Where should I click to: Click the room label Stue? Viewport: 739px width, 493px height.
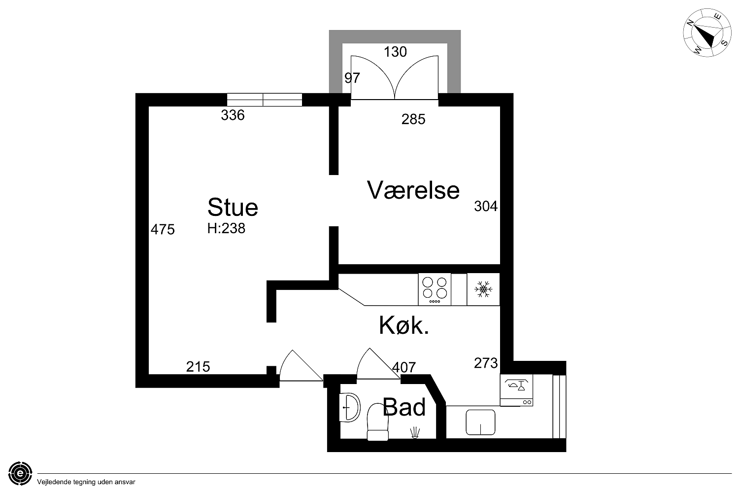(x=233, y=208)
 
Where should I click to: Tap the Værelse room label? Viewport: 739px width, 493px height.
(x=413, y=190)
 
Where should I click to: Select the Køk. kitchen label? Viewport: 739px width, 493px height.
(x=404, y=325)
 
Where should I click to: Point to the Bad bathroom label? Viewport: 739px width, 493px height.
(x=404, y=407)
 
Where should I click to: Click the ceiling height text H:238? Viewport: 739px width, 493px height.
(x=226, y=228)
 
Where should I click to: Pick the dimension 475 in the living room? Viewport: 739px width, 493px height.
(x=163, y=230)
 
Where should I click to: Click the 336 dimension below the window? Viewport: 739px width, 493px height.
(x=233, y=115)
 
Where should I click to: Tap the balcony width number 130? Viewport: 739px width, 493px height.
(x=395, y=52)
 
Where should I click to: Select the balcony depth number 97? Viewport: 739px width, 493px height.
(x=352, y=78)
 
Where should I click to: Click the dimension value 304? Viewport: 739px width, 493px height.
(x=486, y=206)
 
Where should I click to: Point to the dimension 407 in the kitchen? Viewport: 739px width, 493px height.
(x=404, y=367)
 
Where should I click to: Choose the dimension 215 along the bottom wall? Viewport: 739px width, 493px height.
(x=198, y=366)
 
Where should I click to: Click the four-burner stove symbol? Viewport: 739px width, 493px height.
(x=435, y=289)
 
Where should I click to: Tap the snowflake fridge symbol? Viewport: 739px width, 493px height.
(x=483, y=289)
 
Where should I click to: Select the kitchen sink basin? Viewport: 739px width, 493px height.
(x=480, y=423)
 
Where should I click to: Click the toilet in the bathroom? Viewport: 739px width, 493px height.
(x=378, y=422)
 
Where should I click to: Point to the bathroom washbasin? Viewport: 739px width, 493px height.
(x=349, y=407)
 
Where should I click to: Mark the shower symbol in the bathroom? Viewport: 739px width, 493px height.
(x=415, y=432)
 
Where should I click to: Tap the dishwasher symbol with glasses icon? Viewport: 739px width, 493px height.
(x=516, y=390)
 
